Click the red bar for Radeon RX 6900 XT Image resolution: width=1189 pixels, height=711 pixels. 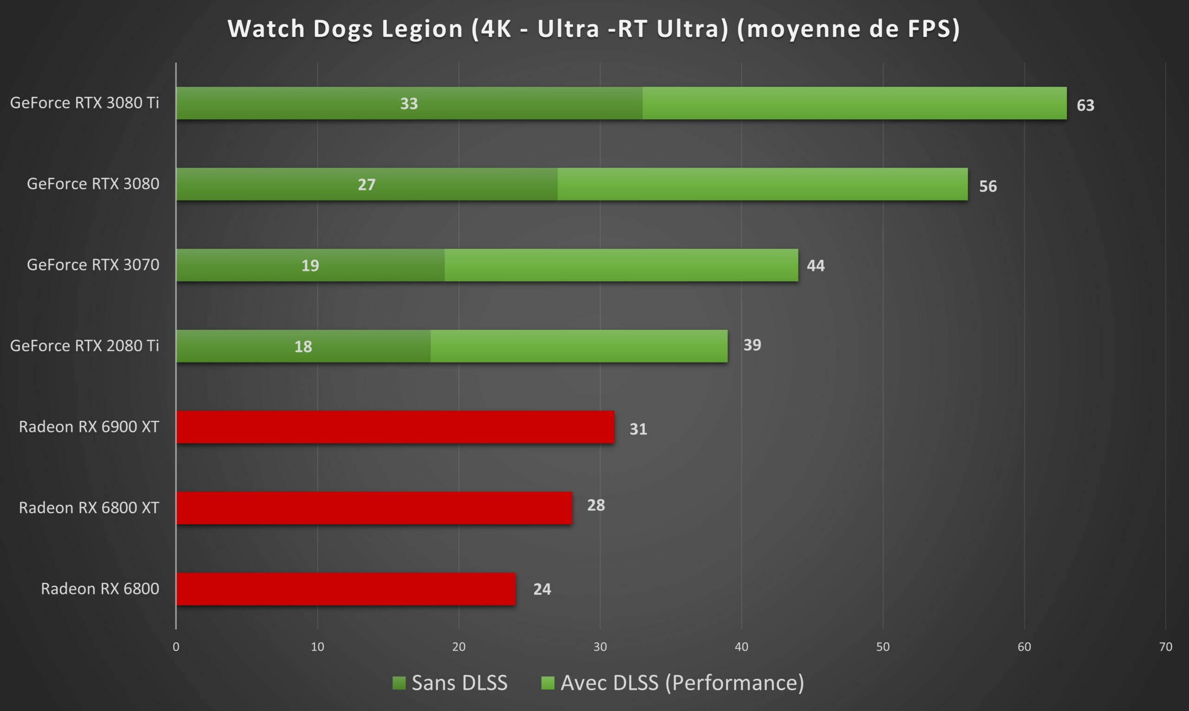(395, 427)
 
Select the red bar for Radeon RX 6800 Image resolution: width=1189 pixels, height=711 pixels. (346, 589)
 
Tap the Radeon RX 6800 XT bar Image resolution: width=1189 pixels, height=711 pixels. (374, 508)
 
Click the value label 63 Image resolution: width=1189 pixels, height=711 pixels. (1085, 105)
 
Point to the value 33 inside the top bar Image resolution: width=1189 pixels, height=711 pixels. (409, 103)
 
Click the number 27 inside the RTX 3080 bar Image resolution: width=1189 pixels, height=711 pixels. (366, 184)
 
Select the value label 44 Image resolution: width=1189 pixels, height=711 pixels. (816, 265)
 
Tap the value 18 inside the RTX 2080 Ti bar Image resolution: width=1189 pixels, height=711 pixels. (303, 346)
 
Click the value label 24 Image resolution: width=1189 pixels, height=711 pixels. (542, 589)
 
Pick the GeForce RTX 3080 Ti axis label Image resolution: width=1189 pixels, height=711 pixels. (85, 103)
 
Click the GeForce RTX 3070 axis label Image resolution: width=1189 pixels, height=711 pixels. (93, 265)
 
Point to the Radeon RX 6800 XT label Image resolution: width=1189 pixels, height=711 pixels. (89, 508)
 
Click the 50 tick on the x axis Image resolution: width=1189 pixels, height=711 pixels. (882, 647)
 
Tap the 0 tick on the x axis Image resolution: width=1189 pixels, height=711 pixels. (176, 647)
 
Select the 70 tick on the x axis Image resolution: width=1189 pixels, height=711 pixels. (1165, 647)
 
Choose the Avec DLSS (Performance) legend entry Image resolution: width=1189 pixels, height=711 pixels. (672, 683)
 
